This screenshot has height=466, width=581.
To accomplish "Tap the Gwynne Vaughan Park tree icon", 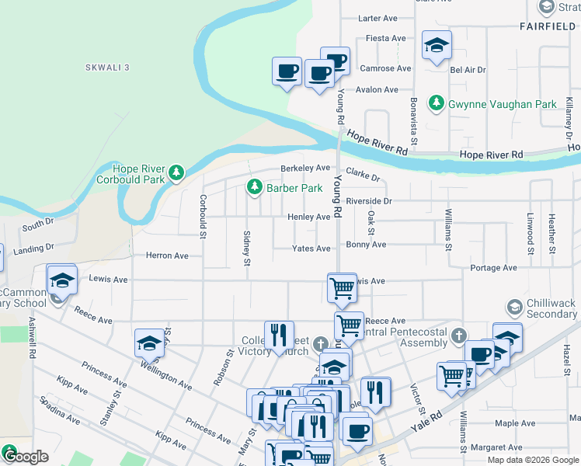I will pyautogui.click(x=437, y=103).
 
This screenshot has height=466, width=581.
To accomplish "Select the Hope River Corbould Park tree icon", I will pyautogui.click(x=177, y=172).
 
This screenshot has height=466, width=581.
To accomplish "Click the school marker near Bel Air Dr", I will pyautogui.click(x=437, y=46).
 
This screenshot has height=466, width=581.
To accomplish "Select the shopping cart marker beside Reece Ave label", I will pyautogui.click(x=349, y=326).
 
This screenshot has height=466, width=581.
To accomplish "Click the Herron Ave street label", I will pyautogui.click(x=167, y=256).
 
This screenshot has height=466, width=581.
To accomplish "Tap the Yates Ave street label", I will pyautogui.click(x=311, y=249).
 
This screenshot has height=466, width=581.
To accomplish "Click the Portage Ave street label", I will pyautogui.click(x=493, y=268).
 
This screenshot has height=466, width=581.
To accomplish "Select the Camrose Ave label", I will pyautogui.click(x=385, y=68).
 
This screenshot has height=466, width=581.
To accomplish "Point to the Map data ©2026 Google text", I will pyautogui.click(x=533, y=460).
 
